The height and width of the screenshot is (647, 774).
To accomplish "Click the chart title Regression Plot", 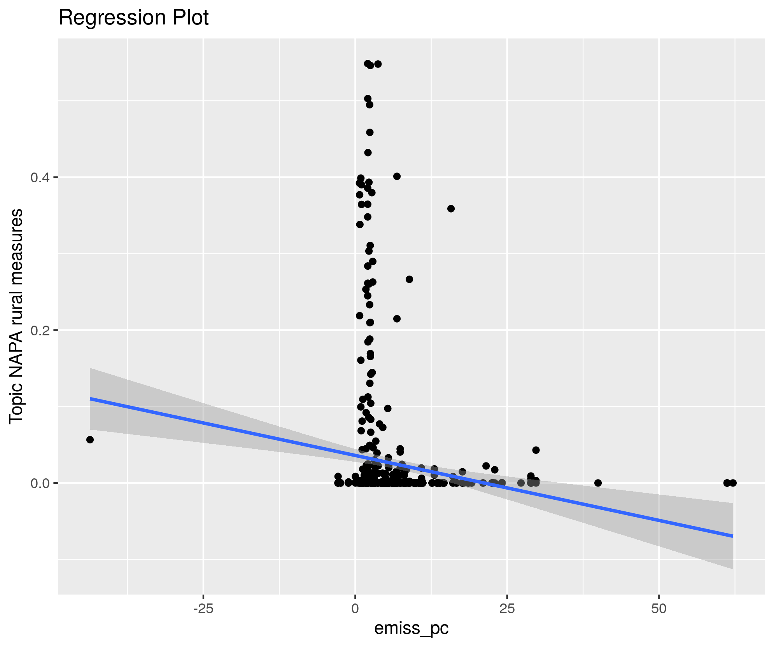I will pos(133,18).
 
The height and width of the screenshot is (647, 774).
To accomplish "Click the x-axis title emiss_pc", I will pos(411,628).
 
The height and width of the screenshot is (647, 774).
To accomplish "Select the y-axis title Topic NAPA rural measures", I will pos(16,316).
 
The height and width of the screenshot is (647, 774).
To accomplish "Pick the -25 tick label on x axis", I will pos(203,609).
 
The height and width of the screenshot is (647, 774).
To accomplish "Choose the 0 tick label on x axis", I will pos(355,609).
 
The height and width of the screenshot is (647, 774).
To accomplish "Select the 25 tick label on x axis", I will pos(507,609).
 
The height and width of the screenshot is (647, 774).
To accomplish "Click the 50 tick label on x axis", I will pos(659,609).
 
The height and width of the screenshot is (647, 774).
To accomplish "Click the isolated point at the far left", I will pos(90,439).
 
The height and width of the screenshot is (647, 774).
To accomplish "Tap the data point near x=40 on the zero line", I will pos(598,483).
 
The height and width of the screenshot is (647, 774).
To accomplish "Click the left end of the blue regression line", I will pos(91,399).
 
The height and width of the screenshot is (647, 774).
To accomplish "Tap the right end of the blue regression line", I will pos(732,536).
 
